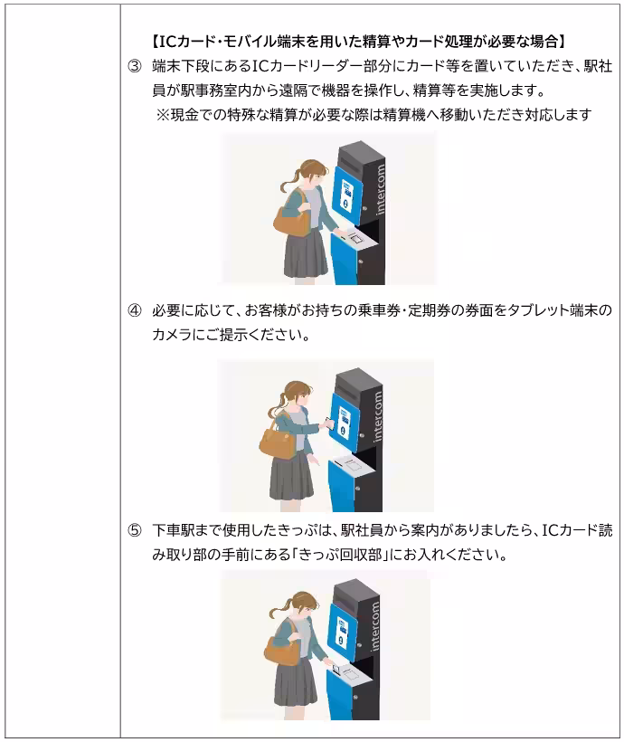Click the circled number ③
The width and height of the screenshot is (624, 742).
click(133, 68)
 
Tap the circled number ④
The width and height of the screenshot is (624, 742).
click(133, 311)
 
